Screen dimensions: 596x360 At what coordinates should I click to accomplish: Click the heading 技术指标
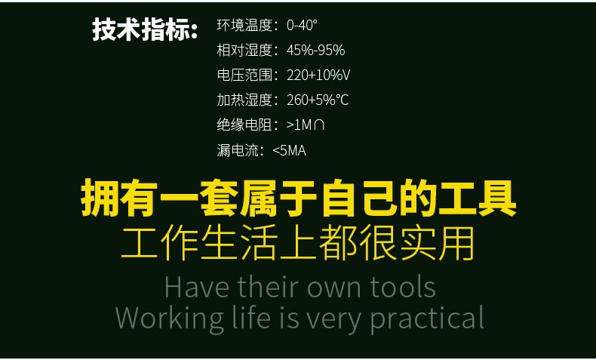(145, 29)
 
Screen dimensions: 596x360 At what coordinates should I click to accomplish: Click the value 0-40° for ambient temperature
(302, 25)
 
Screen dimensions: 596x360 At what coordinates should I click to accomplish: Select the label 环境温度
(244, 25)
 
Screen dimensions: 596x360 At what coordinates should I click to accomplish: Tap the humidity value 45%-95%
(315, 50)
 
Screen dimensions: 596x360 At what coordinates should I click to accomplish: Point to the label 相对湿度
(244, 50)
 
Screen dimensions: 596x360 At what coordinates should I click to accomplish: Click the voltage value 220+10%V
(318, 75)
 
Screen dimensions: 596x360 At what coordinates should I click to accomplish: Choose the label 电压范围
(244, 75)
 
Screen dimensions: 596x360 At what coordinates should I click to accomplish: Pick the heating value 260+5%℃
(318, 100)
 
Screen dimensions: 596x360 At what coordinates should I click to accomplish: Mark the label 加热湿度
(244, 100)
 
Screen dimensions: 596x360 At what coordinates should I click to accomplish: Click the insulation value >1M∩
(306, 125)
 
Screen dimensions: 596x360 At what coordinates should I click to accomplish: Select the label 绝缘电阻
(244, 125)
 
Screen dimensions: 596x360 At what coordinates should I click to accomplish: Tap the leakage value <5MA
(289, 150)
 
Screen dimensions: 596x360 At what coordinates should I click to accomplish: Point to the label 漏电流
(238, 150)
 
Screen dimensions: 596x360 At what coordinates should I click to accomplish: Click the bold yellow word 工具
(477, 198)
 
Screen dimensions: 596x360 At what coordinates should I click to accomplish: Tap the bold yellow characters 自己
(358, 198)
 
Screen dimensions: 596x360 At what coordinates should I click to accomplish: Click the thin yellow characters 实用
(437, 242)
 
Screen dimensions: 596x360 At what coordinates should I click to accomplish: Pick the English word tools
(403, 288)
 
